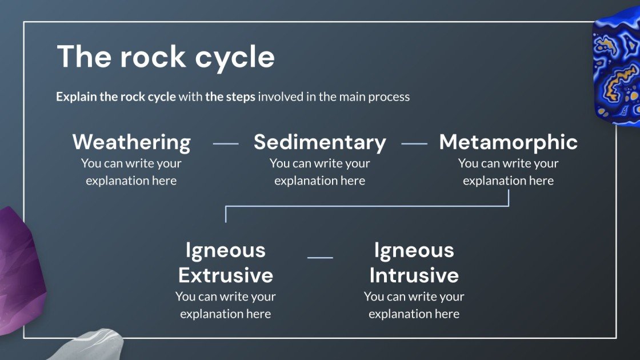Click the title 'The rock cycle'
[166, 57]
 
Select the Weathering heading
[131, 142]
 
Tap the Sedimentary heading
[320, 142]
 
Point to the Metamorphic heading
[509, 142]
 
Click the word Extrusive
[226, 275]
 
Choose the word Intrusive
[414, 275]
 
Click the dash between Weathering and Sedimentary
[226, 144]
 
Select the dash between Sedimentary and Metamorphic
[414, 144]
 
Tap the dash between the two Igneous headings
[320, 258]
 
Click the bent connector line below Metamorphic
[366, 206]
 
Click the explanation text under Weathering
[131, 172]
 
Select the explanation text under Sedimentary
[320, 172]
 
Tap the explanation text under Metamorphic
[509, 172]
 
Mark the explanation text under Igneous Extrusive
[226, 305]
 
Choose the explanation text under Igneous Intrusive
[414, 305]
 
